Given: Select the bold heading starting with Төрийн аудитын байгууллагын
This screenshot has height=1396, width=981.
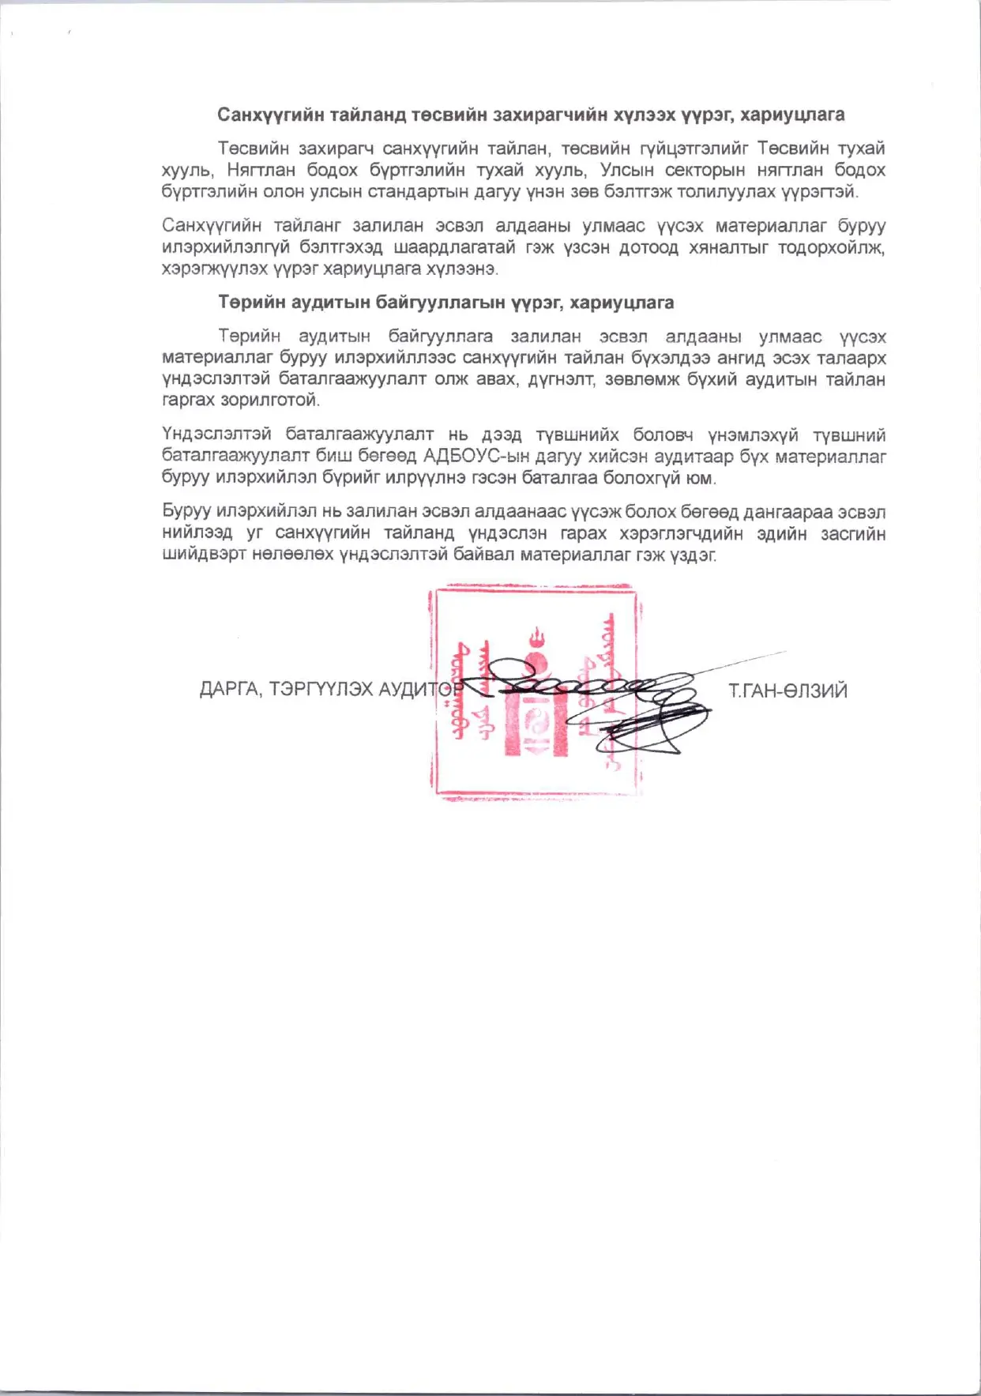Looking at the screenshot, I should [446, 303].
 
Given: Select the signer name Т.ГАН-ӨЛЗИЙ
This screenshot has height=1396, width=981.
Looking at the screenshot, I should [787, 691].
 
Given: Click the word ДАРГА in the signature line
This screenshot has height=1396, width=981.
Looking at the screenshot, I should [229, 690].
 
